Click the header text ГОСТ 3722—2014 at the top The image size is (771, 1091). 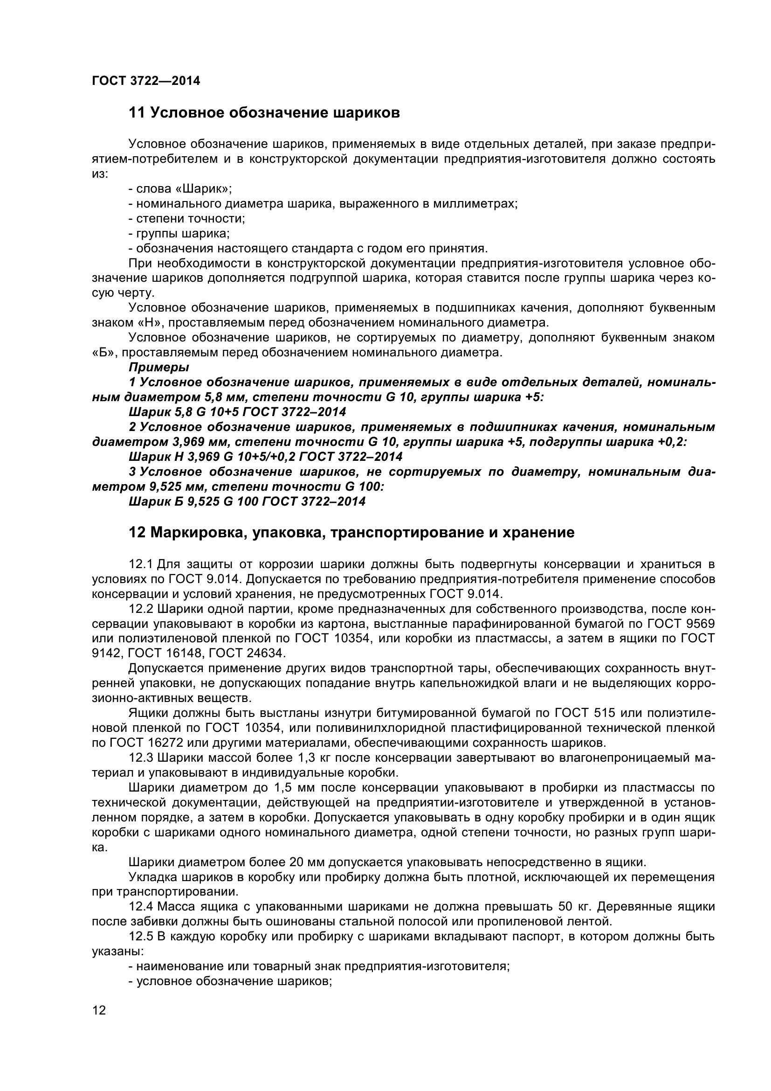click(x=146, y=81)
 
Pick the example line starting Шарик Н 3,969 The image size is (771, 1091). click(x=265, y=456)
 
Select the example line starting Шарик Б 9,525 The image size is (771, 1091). click(x=247, y=501)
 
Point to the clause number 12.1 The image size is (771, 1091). click(x=140, y=564)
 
